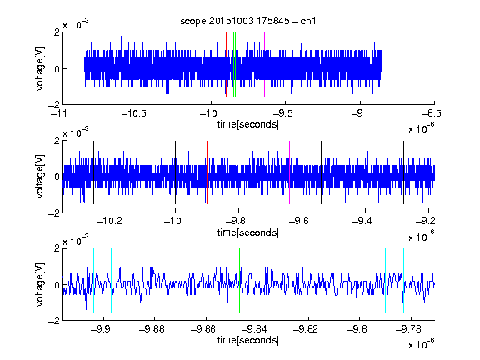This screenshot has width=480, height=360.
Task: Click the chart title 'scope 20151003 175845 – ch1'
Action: [248, 21]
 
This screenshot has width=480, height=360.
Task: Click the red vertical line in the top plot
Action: [226, 65]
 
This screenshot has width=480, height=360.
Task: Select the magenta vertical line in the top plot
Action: [264, 65]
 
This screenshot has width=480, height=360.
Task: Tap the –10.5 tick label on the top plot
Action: [134, 113]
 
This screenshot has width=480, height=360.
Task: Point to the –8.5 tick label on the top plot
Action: [432, 113]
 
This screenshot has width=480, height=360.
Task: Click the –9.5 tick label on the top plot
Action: [283, 113]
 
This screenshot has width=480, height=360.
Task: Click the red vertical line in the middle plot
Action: [207, 172]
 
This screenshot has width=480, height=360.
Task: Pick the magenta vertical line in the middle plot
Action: [290, 172]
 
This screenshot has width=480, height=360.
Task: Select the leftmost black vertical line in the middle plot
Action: [93, 172]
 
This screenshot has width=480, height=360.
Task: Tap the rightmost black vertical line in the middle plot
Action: [404, 172]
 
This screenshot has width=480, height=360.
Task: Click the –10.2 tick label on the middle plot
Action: [109, 221]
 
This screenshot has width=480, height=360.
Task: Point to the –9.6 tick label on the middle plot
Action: [299, 221]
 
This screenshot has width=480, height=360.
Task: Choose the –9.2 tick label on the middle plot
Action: [425, 221]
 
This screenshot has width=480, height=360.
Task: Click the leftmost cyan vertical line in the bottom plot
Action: [93, 280]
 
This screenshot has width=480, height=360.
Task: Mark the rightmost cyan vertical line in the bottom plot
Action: [404, 280]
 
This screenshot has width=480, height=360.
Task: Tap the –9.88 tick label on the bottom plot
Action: [152, 329]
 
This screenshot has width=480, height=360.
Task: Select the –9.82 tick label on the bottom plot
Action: [306, 329]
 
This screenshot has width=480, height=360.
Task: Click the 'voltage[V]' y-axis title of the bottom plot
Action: [40, 284]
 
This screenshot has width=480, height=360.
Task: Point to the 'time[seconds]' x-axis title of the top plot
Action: [248, 124]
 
